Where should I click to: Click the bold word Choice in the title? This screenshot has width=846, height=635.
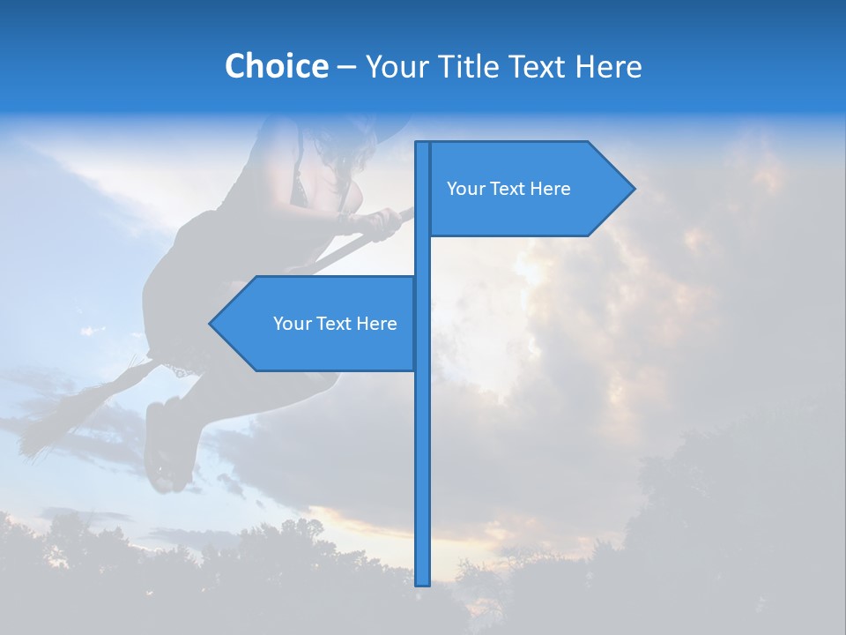point(276,66)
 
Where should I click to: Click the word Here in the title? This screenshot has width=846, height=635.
point(608,66)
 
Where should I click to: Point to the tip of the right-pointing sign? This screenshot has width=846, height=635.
point(633,189)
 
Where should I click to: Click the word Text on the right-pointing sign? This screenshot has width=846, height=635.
point(508,189)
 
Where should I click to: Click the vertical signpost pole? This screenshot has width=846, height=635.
point(423,441)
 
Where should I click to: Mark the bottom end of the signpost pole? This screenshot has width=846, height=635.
point(423,583)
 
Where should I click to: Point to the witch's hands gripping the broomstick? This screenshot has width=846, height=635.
point(375,222)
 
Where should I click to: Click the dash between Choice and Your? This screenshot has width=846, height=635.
point(346,67)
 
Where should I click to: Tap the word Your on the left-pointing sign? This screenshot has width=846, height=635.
point(292,324)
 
